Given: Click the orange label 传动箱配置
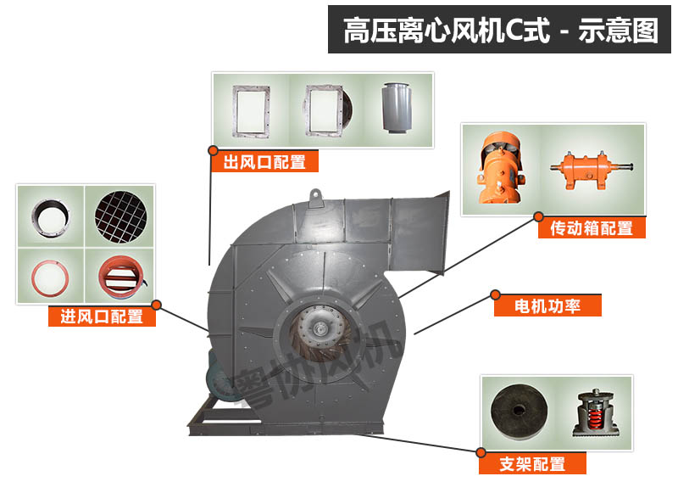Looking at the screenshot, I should (x=592, y=227).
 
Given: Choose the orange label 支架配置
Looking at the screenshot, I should (x=532, y=463).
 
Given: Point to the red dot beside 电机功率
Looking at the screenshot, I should (x=495, y=294).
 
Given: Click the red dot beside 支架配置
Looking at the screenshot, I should (x=480, y=452).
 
